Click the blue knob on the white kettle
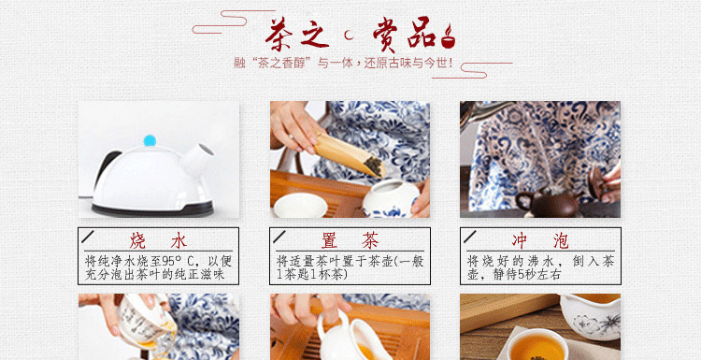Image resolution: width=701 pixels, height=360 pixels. [x=150, y=140]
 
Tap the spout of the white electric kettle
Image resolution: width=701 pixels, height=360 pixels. [x=198, y=158]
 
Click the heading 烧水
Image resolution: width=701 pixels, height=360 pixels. [x=158, y=241]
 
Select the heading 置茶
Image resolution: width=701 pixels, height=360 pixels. [x=350, y=241]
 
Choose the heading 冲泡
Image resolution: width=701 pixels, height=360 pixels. [x=540, y=241]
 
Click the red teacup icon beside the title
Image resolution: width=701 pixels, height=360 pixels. [x=448, y=37]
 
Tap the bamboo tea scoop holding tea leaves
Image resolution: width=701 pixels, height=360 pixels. [x=350, y=154]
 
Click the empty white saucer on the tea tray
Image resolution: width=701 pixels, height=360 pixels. [x=300, y=206]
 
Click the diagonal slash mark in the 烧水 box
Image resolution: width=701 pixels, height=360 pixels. [x=88, y=237]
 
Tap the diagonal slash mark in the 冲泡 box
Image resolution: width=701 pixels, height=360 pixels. [x=470, y=237]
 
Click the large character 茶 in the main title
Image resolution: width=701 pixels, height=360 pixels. [x=279, y=35]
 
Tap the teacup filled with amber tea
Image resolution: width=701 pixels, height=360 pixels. [x=536, y=344]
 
